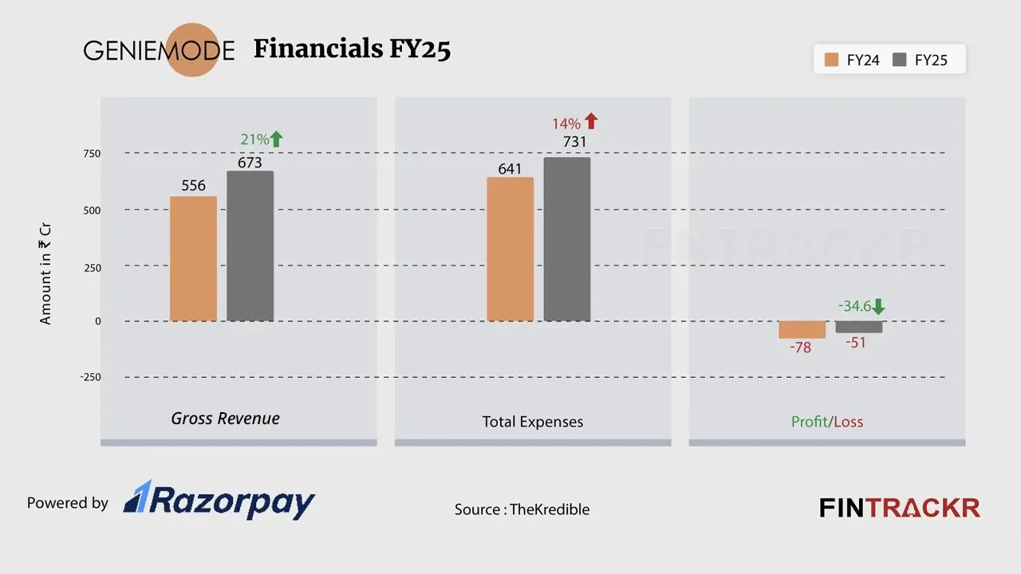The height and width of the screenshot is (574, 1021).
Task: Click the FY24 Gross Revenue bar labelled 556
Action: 193,259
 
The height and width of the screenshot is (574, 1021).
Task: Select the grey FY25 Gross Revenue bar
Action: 250,246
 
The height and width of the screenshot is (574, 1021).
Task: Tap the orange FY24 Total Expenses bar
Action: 510,250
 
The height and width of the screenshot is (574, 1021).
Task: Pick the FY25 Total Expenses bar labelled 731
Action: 567,239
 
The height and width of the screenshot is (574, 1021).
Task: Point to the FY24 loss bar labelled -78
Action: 802,330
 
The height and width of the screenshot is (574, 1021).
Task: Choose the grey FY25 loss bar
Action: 859,327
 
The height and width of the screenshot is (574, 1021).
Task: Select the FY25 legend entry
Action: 920,60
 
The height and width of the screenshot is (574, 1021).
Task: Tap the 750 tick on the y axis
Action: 92,154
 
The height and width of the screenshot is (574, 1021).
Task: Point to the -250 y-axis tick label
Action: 90,377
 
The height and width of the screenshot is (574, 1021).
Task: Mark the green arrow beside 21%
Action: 276,139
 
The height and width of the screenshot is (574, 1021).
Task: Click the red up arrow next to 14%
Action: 590,121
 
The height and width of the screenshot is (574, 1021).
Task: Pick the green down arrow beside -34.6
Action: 878,306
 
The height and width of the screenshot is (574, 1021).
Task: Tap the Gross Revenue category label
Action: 225,419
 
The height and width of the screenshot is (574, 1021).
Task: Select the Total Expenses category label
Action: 532,422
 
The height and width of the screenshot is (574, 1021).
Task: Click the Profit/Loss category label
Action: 826,422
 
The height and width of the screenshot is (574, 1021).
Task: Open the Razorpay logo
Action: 219,501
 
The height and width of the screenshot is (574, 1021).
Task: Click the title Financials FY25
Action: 352,49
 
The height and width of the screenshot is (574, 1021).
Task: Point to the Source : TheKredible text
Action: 522,509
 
